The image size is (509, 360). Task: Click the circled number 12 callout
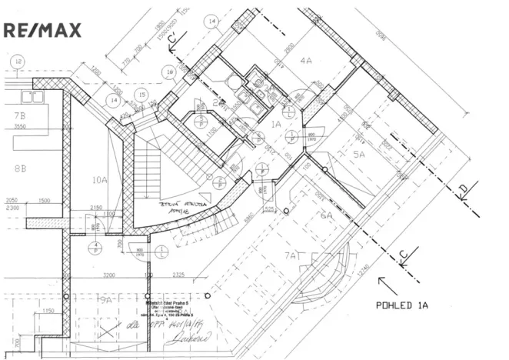coord(17,59)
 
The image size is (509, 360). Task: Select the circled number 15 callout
coord(141,95)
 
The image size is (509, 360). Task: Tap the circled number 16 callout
coord(168,72)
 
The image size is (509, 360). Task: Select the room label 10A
coord(98,181)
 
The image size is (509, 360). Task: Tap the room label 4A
coord(307,61)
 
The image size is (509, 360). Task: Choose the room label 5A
coord(358,154)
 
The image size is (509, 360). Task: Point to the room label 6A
coord(326,216)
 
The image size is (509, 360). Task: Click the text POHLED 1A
coord(401,305)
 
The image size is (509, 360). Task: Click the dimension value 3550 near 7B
coord(22,127)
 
